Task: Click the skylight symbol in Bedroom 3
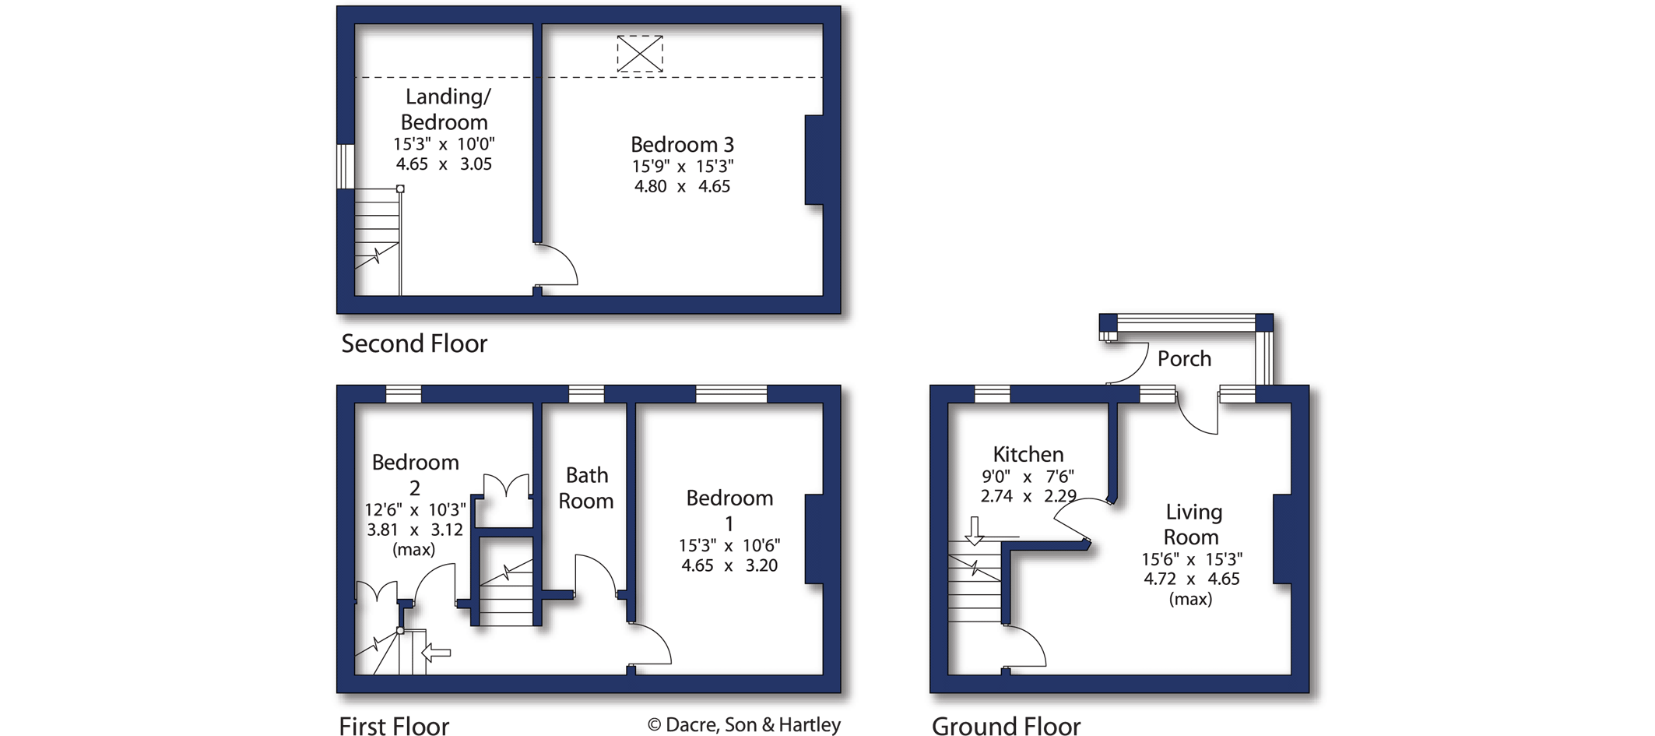640,54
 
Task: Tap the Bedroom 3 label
682,145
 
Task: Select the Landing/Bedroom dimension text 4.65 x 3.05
444,164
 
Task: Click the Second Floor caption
414,343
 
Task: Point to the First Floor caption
394,726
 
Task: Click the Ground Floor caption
1006,726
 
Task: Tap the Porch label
1184,358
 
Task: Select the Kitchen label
1028,454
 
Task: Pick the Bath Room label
586,488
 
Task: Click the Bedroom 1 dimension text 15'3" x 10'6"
729,546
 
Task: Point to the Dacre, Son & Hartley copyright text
744,725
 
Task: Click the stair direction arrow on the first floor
436,652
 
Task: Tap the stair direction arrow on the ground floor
974,530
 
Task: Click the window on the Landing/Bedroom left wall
345,166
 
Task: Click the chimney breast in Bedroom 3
813,160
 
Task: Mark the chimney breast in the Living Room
1282,539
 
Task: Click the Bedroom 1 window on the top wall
731,394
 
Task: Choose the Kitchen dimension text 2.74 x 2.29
1028,496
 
